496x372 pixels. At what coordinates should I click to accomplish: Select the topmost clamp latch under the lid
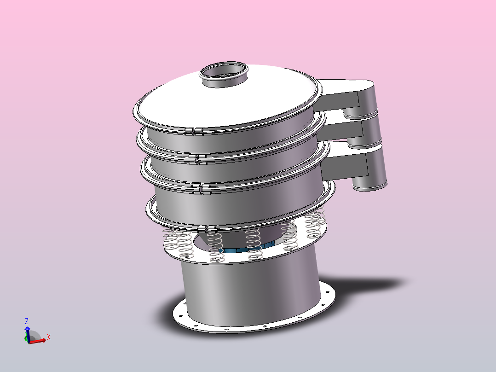[194, 132]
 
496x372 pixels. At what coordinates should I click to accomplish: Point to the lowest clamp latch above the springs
[206, 228]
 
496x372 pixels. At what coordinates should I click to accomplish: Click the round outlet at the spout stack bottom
[370, 186]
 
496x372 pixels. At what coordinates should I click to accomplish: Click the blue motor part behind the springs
[239, 250]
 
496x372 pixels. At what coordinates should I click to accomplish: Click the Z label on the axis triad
[27, 321]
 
